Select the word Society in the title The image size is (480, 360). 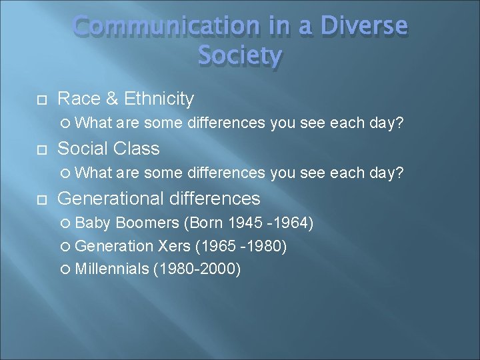click(240, 56)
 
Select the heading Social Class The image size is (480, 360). click(109, 149)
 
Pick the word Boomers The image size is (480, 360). click(148, 223)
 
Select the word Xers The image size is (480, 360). click(174, 246)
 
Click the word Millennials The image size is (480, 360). click(111, 269)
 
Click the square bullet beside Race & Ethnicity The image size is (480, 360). click(41, 100)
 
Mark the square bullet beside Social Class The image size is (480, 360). click(41, 149)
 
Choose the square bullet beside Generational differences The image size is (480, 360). click(41, 199)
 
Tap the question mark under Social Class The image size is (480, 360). click(399, 173)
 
